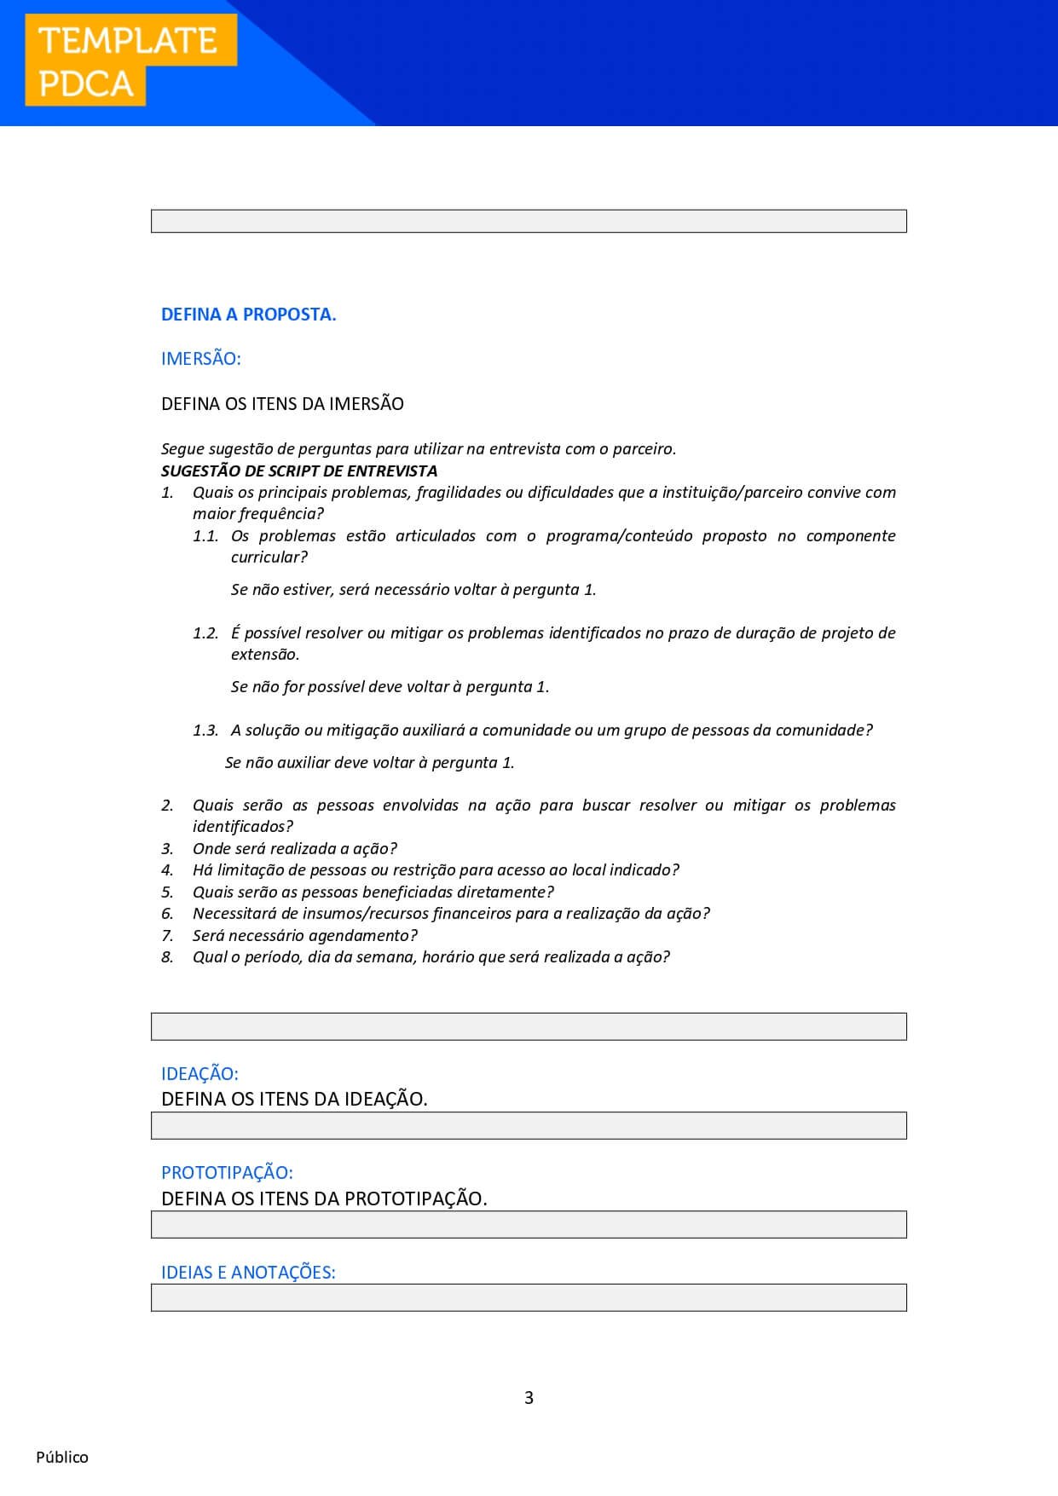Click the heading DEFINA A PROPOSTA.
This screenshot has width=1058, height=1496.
[x=248, y=315]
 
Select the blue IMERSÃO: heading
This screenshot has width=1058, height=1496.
[x=201, y=359]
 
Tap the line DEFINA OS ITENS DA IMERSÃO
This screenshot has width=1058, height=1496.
[x=282, y=404]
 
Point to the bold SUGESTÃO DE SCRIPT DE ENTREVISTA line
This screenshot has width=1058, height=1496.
[x=299, y=471]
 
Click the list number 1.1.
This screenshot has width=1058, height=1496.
[x=205, y=536]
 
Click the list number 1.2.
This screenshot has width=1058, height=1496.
[x=205, y=633]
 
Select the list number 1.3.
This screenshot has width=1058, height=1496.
[x=205, y=731]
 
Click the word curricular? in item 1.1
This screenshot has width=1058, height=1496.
[x=269, y=557]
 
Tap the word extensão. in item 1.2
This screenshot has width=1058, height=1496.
[x=265, y=655]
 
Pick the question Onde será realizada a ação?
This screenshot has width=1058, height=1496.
[x=295, y=849]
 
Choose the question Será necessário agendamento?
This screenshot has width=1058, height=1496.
[x=305, y=936]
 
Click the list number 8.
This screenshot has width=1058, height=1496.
[x=168, y=957]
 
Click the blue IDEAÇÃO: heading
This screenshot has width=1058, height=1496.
[x=199, y=1074]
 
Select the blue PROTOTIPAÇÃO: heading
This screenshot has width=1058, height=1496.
[x=227, y=1173]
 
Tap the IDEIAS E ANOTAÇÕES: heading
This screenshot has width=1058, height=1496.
[x=248, y=1273]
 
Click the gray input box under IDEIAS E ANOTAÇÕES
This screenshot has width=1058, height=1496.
[x=529, y=1297]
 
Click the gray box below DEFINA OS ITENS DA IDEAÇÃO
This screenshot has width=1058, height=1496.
[x=529, y=1125]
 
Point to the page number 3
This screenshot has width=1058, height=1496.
[x=529, y=1398]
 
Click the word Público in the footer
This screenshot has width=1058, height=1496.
[x=62, y=1458]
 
